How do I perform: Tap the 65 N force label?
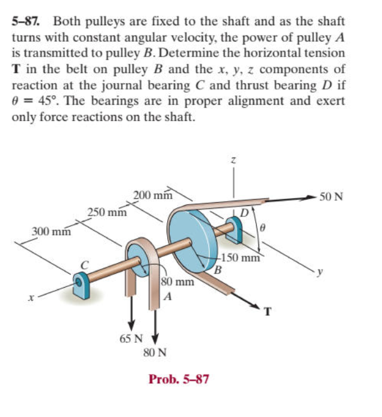click(x=129, y=339)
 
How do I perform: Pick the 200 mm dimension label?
click(x=153, y=194)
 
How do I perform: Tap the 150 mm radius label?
click(x=240, y=259)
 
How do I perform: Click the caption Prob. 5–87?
click(x=179, y=380)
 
